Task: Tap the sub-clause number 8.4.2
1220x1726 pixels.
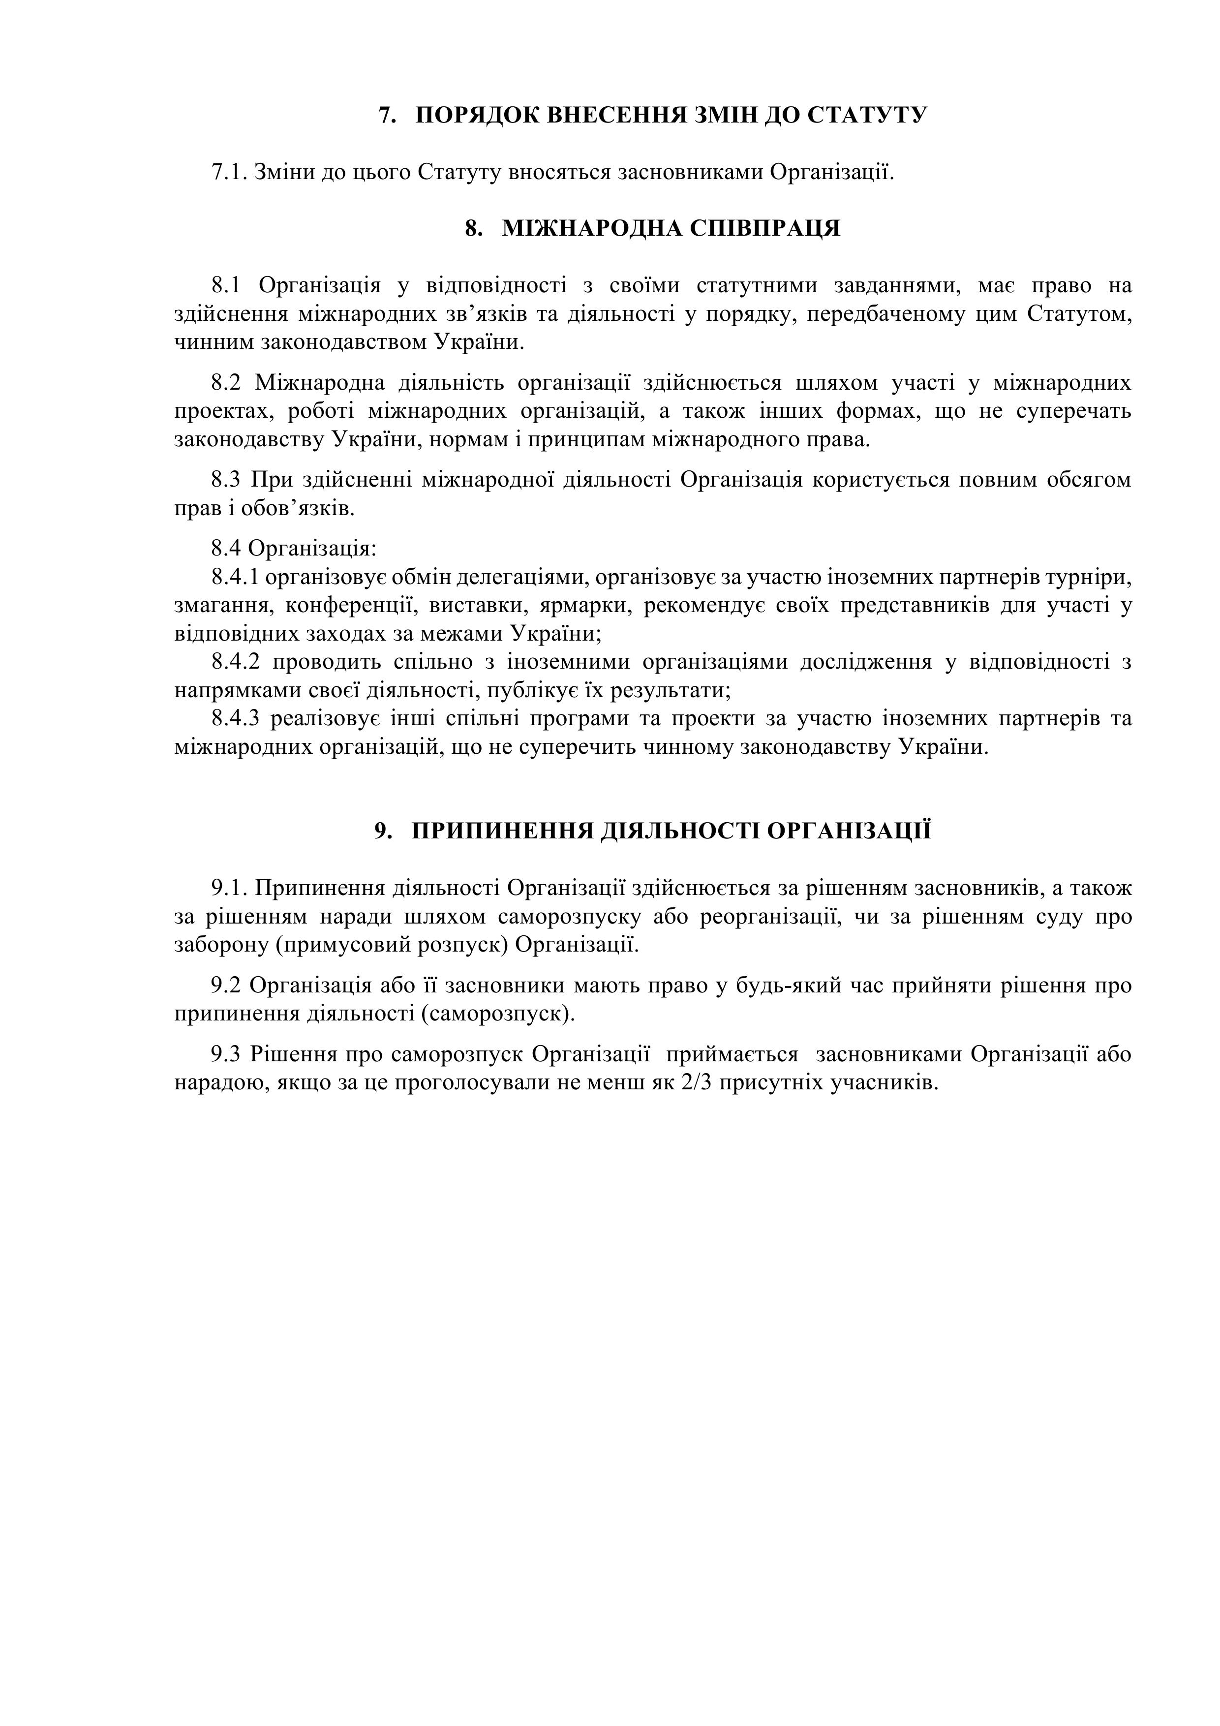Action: click(235, 662)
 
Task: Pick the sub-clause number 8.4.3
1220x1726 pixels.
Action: click(235, 719)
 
